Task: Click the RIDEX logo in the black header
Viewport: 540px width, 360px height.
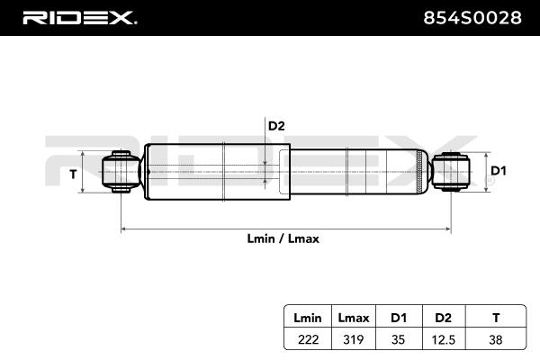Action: click(79, 18)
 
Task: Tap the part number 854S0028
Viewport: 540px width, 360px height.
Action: click(472, 18)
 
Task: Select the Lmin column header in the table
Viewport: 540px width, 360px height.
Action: click(308, 318)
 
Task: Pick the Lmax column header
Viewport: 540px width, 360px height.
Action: click(354, 318)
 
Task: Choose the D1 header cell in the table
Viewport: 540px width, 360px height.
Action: click(399, 318)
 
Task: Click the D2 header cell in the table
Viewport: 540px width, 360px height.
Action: click(443, 318)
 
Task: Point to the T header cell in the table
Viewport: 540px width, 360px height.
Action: click(496, 318)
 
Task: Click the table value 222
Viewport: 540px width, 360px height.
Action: click(308, 339)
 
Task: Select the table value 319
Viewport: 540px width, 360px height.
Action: click(354, 339)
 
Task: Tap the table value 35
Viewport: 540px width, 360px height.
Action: click(398, 339)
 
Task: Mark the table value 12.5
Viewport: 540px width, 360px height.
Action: click(443, 340)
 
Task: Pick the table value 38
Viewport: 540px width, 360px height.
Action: click(496, 339)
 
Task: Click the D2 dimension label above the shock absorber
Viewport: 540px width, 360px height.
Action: click(276, 126)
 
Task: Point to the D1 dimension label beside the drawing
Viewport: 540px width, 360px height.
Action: click(499, 170)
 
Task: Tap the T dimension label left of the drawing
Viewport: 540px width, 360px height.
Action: click(73, 175)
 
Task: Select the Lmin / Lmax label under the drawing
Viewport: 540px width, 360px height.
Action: click(283, 238)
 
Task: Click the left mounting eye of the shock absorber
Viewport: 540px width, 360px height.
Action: click(121, 172)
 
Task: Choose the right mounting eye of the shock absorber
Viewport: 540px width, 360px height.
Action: click(451, 172)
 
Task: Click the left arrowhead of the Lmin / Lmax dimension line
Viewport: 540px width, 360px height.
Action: click(123, 229)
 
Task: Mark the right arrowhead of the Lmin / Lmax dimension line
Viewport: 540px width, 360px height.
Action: click(448, 229)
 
